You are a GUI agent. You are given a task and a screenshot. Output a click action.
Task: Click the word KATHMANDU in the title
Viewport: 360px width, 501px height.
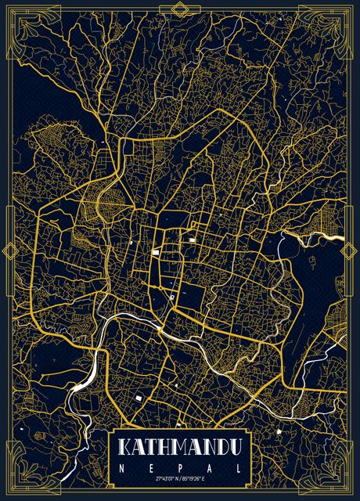tap(180, 449)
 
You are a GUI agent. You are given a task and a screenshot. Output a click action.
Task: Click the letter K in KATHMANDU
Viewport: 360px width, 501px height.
tap(125, 449)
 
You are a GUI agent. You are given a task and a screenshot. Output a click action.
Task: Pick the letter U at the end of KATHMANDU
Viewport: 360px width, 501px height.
tap(235, 449)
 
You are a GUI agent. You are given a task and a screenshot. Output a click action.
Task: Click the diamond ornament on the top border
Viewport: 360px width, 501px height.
tap(180, 9)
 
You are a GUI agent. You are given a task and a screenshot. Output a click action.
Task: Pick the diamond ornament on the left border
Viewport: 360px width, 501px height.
tap(9, 251)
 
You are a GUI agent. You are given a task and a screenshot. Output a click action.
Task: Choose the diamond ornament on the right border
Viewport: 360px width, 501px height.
tap(351, 251)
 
